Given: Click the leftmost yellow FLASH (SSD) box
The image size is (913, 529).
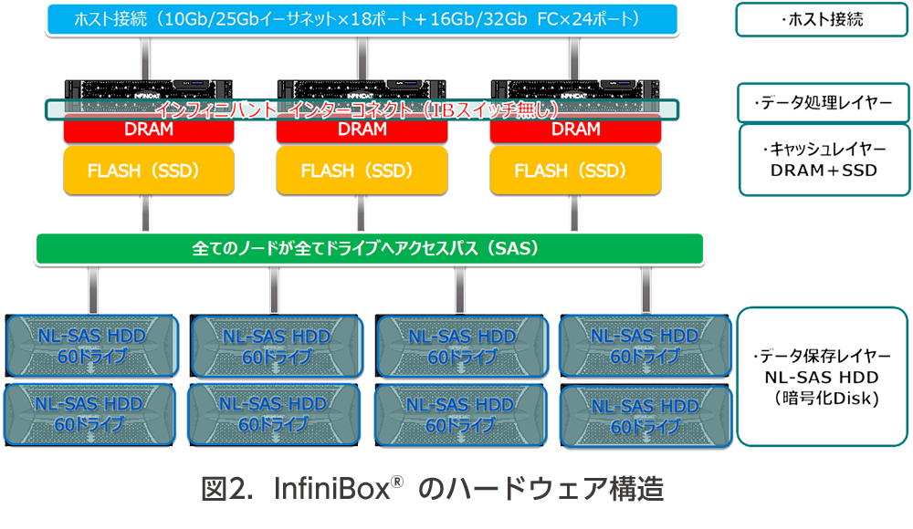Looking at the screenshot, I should [x=149, y=171].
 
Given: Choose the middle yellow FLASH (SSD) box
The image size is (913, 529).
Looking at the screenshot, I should [x=362, y=171].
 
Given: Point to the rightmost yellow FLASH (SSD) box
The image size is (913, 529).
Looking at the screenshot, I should [x=576, y=171].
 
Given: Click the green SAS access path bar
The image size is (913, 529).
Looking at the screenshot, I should [x=365, y=247].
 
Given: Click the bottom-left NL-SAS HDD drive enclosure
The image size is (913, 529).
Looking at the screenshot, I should [x=91, y=414].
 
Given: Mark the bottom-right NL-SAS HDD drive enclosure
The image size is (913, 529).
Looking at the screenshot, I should [x=644, y=414].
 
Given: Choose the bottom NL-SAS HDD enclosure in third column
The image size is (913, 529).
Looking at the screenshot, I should [x=461, y=415].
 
